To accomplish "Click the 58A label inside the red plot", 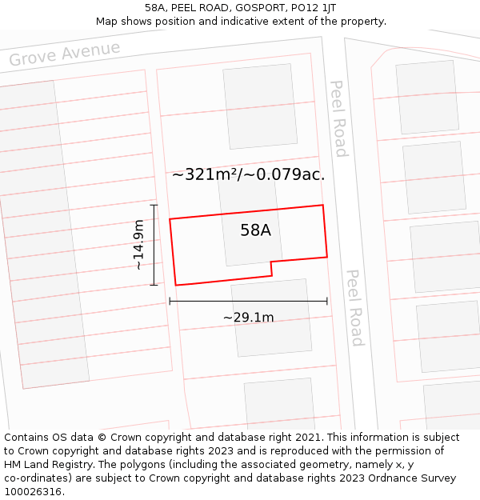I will click(x=255, y=230).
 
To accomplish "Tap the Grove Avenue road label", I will click(x=65, y=54).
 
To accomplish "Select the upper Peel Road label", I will click(x=339, y=118).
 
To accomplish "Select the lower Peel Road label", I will click(x=354, y=307).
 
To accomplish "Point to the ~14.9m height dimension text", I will click(x=138, y=245).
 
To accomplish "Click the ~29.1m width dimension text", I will click(x=248, y=318).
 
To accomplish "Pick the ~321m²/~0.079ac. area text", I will click(x=248, y=174).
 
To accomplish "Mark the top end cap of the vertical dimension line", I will click(x=154, y=206).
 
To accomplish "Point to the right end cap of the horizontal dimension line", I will click(x=327, y=301).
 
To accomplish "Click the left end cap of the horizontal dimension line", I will click(x=170, y=301).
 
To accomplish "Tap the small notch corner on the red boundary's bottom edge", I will click(x=272, y=262).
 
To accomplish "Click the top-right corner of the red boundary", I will click(x=322, y=206).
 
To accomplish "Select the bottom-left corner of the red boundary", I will click(x=175, y=285).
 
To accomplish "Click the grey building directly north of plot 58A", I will click(x=260, y=106).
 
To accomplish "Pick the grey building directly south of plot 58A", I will click(x=272, y=318).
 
